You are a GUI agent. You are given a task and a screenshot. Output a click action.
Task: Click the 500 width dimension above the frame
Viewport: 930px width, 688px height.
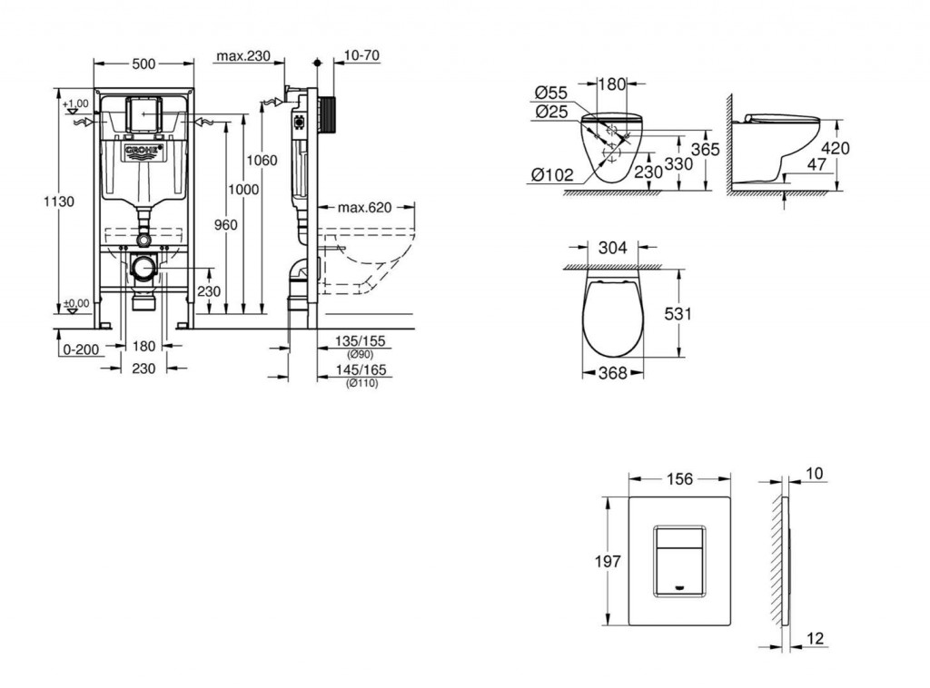(x=143, y=64)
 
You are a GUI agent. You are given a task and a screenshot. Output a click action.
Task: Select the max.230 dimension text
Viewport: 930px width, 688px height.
(x=244, y=56)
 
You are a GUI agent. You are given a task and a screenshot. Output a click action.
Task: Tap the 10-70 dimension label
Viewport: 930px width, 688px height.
(x=362, y=56)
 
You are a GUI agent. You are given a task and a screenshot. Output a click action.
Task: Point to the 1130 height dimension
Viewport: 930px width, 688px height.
(x=58, y=201)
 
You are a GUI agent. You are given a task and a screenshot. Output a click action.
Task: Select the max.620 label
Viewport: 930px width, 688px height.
(x=364, y=207)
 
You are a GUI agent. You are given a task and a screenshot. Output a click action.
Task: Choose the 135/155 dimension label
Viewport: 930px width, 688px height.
(x=361, y=341)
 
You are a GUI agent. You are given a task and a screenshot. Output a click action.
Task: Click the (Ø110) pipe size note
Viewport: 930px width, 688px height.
(x=362, y=383)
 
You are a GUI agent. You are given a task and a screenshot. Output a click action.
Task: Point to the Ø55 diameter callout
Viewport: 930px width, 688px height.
(x=551, y=93)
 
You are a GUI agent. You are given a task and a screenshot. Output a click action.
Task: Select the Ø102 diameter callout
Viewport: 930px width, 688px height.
(x=553, y=176)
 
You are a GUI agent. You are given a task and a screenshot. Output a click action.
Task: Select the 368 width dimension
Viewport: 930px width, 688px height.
(x=612, y=372)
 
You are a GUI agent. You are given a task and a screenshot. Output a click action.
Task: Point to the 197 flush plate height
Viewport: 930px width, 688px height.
(x=606, y=563)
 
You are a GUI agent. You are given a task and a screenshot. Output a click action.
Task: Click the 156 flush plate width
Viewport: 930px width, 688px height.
(x=680, y=478)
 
